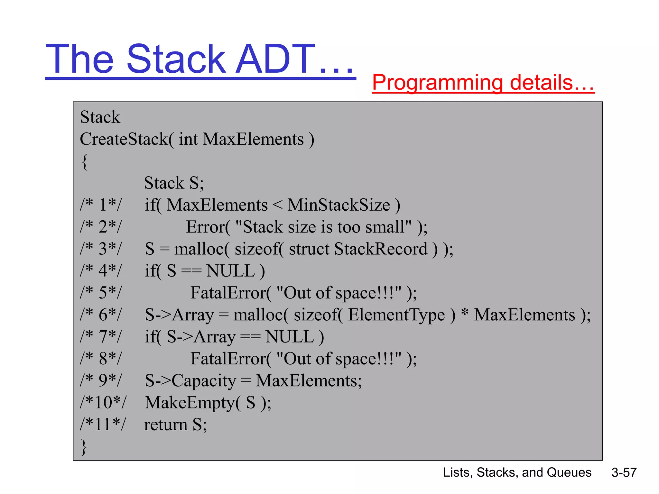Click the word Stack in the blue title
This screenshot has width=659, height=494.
pyautogui.click(x=176, y=59)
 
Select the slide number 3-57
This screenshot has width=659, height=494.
pyautogui.click(x=624, y=472)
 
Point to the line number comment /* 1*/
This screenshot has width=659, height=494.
pyautogui.click(x=101, y=205)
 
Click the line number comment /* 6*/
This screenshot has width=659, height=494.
pyautogui.click(x=101, y=315)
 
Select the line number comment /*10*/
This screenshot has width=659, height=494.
pyautogui.click(x=103, y=402)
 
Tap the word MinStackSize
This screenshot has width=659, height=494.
pyautogui.click(x=339, y=205)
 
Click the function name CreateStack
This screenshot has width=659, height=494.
pyautogui.click(x=124, y=139)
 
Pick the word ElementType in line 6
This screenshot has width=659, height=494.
pyautogui.click(x=396, y=315)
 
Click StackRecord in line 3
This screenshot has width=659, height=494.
pyautogui.click(x=381, y=249)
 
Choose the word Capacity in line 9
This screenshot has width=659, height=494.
pyautogui.click(x=204, y=381)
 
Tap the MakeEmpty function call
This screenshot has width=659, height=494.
pyautogui.click(x=190, y=403)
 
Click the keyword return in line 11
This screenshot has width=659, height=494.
pyautogui.click(x=165, y=425)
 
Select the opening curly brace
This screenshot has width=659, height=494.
pyautogui.click(x=85, y=161)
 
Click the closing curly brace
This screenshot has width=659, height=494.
pyautogui.click(x=84, y=447)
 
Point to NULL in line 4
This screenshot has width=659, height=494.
pyautogui.click(x=230, y=271)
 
